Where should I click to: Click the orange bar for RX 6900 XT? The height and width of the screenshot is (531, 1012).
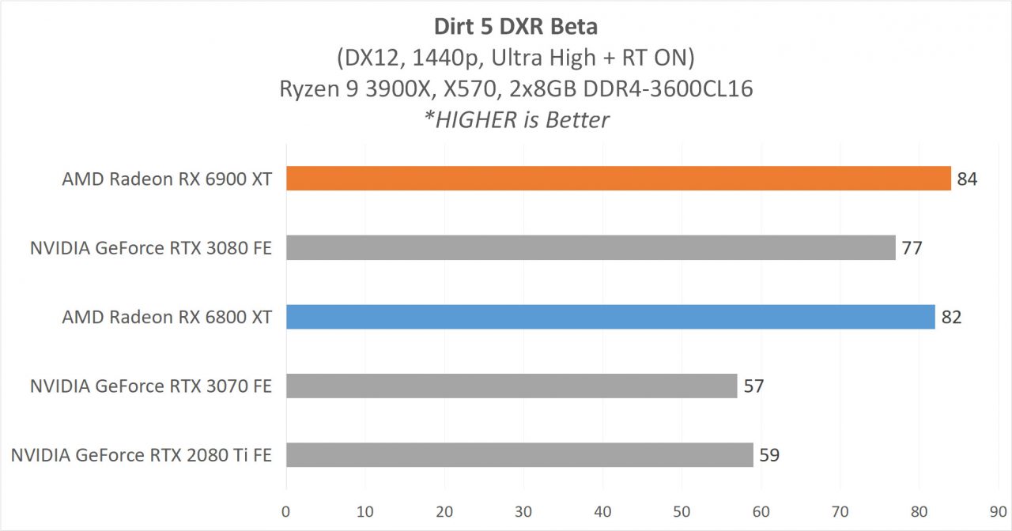pyautogui.click(x=618, y=179)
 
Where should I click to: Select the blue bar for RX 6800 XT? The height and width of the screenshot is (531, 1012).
pyautogui.click(x=610, y=317)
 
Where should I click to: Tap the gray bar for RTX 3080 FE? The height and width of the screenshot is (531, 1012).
pyautogui.click(x=591, y=248)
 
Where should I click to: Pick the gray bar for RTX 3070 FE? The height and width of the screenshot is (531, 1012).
pyautogui.click(x=512, y=386)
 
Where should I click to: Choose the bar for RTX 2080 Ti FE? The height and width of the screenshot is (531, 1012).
pyautogui.click(x=519, y=454)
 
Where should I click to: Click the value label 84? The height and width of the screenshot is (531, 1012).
pyautogui.click(x=967, y=179)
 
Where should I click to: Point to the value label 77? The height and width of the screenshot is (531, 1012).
pyautogui.click(x=912, y=248)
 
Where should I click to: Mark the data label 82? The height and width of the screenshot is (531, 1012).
pyautogui.click(x=951, y=318)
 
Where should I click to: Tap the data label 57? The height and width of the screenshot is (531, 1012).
pyautogui.click(x=753, y=386)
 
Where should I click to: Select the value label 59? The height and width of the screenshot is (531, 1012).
pyautogui.click(x=769, y=455)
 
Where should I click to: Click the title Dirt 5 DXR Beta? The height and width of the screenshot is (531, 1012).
pyautogui.click(x=515, y=26)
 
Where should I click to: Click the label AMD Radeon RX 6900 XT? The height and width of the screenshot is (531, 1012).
pyautogui.click(x=167, y=179)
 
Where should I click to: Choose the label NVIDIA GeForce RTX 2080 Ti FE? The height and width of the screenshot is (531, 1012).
pyautogui.click(x=142, y=455)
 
